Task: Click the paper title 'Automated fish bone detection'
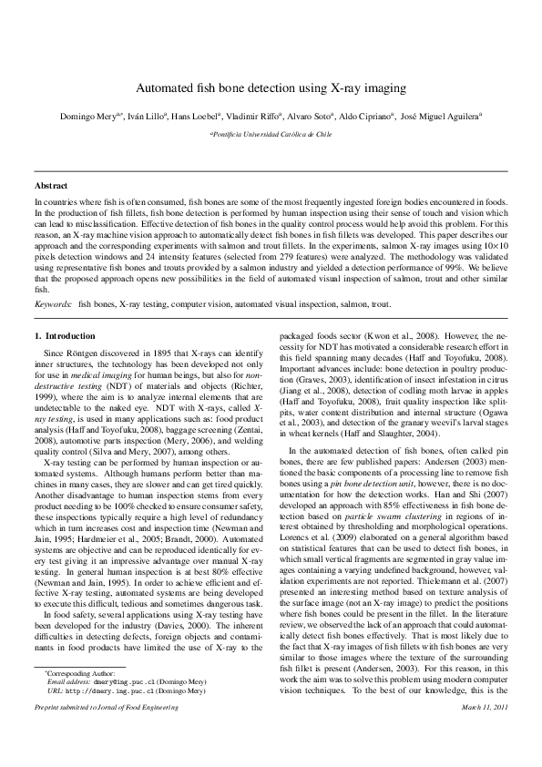[x=271, y=89]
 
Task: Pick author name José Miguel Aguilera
[x=440, y=118]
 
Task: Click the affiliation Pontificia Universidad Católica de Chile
[x=271, y=133]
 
